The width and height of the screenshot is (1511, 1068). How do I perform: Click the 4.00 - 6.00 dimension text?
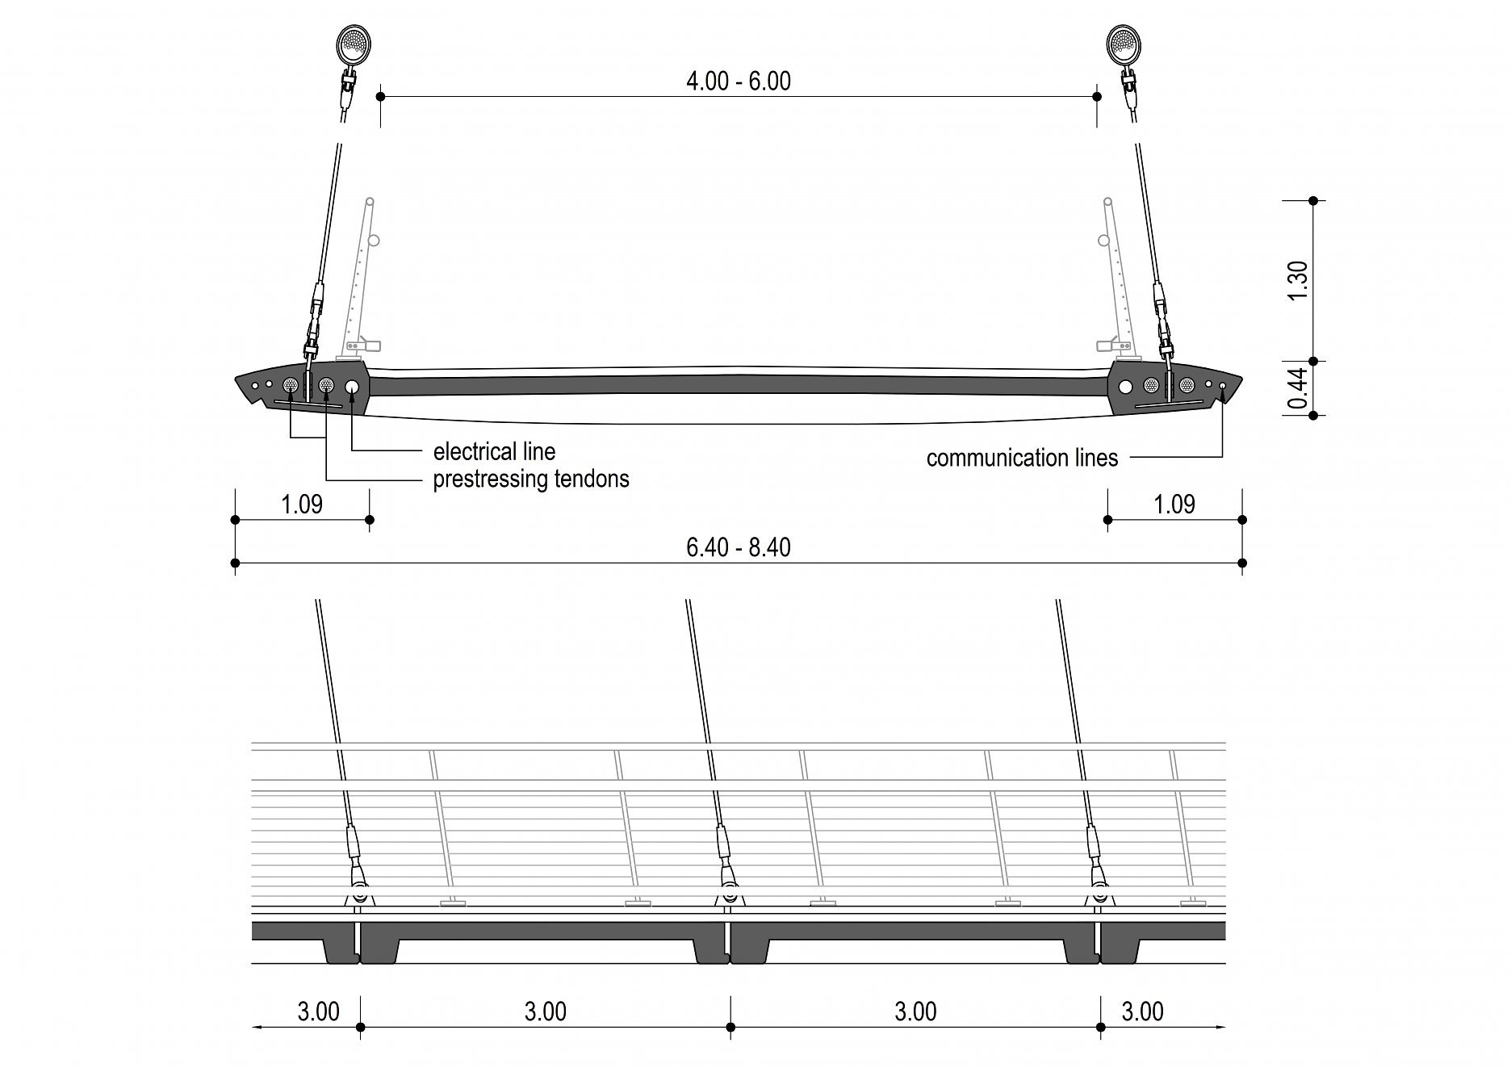coord(738,81)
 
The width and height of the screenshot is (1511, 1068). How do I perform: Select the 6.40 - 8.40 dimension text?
coord(738,547)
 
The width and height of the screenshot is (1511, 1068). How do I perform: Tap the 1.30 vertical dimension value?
coord(1298,280)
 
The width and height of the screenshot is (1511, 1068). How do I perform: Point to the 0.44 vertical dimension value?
coord(1297,388)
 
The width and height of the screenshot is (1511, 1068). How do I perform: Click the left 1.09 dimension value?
coord(302,505)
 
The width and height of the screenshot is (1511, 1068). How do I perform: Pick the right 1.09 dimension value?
coord(1174,505)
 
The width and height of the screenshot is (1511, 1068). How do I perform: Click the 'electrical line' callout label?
coord(494,451)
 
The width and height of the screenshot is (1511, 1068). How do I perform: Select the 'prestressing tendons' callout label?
coord(531,479)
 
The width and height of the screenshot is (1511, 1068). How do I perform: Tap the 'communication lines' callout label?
coord(1022,458)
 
